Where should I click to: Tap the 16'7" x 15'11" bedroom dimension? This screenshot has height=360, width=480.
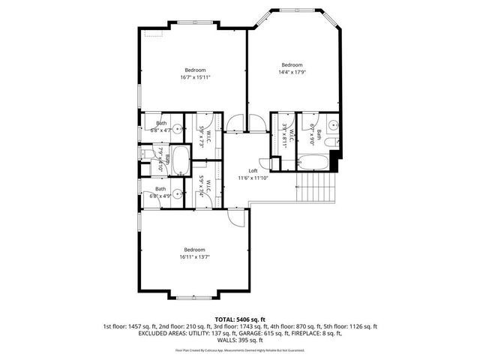(195, 77)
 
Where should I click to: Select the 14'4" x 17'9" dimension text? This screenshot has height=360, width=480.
(292, 72)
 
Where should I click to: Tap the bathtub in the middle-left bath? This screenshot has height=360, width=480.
(181, 158)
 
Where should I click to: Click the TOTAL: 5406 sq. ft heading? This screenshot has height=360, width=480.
(240, 319)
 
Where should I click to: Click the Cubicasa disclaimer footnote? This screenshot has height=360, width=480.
(240, 349)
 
